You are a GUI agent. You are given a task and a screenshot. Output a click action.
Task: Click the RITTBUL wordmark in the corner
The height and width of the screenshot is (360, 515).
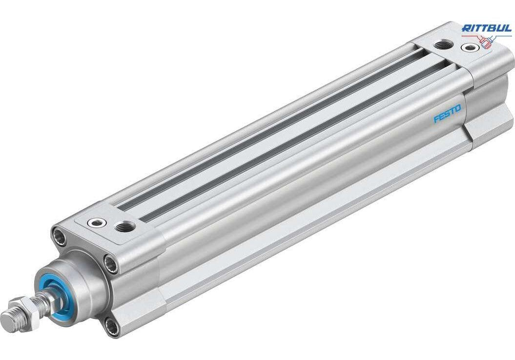tap(486, 28)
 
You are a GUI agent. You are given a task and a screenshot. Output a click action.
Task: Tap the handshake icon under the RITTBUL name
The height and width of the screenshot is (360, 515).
tap(487, 41)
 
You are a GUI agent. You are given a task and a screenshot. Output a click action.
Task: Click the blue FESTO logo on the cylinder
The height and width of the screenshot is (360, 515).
tap(447, 113)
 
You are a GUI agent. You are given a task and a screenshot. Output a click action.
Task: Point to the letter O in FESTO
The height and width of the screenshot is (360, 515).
tap(457, 108)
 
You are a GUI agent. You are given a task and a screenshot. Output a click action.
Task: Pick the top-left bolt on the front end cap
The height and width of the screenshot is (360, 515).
tap(59, 235)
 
